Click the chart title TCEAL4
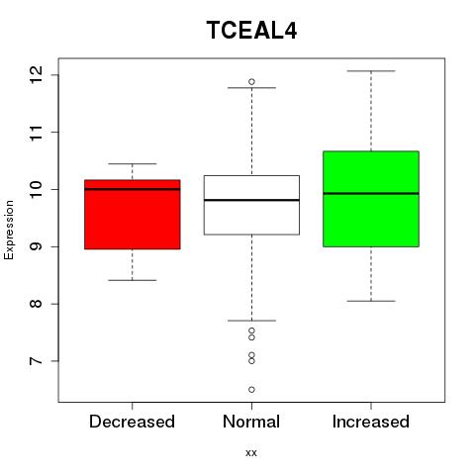[251, 30]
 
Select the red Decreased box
[133, 215]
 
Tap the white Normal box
[251, 205]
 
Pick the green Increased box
[371, 199]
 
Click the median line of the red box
[133, 189]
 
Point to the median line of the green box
[371, 194]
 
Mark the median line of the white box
[251, 200]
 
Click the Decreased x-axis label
[132, 422]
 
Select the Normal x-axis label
[251, 422]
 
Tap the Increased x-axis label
[371, 422]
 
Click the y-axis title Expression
[9, 230]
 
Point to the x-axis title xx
[251, 453]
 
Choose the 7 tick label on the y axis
[37, 361]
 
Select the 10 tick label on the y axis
[37, 189]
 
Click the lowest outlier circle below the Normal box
[251, 390]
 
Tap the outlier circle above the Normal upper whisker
[251, 81]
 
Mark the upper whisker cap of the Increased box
[371, 71]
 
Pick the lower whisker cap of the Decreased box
[133, 280]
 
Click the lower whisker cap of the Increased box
[371, 301]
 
